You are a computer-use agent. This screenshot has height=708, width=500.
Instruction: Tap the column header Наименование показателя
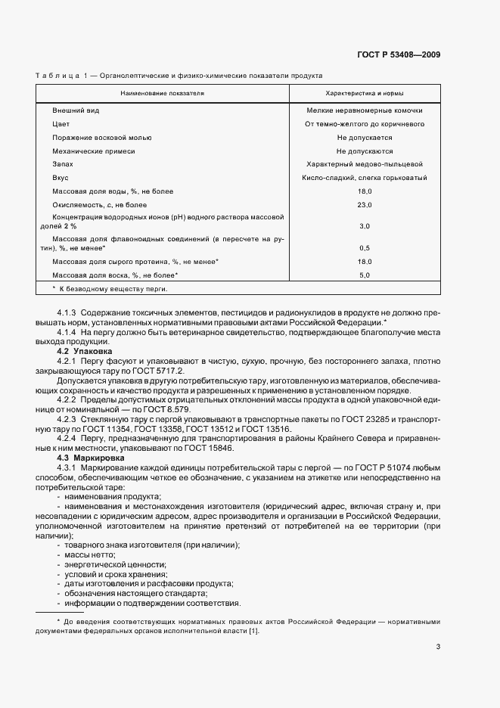pyautogui.click(x=162, y=93)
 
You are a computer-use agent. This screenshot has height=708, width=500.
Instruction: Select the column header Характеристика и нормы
pyautogui.click(x=364, y=93)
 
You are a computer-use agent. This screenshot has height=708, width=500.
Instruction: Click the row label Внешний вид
pyautogui.click(x=76, y=110)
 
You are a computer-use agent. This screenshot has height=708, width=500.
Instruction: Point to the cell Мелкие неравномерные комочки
pyautogui.click(x=364, y=110)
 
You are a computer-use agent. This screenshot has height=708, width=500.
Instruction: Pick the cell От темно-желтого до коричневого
pyautogui.click(x=364, y=124)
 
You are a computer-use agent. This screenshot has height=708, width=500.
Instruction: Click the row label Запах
pyautogui.click(x=63, y=164)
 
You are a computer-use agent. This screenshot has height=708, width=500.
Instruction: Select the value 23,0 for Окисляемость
pyautogui.click(x=364, y=205)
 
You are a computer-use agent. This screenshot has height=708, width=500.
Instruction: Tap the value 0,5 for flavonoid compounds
pyautogui.click(x=364, y=247)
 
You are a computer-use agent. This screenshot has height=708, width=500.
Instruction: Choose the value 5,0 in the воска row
pyautogui.click(x=364, y=275)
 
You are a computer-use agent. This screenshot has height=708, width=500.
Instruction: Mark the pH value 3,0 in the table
pyautogui.click(x=364, y=226)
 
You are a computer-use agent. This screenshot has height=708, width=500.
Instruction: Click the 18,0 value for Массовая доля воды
pyautogui.click(x=364, y=191)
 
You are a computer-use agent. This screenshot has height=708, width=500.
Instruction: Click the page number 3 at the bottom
pyautogui.click(x=438, y=646)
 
